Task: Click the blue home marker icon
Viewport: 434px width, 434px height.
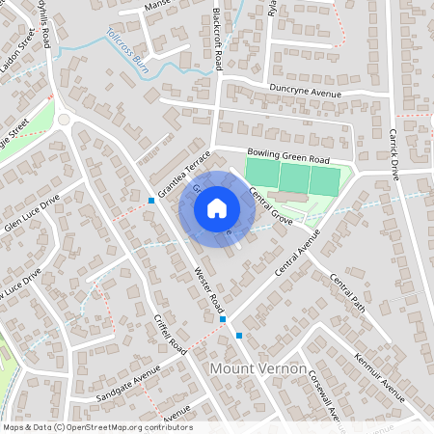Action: click(217, 207)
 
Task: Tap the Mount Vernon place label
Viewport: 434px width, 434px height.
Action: click(258, 369)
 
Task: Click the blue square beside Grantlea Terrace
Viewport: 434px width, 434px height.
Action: click(151, 201)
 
